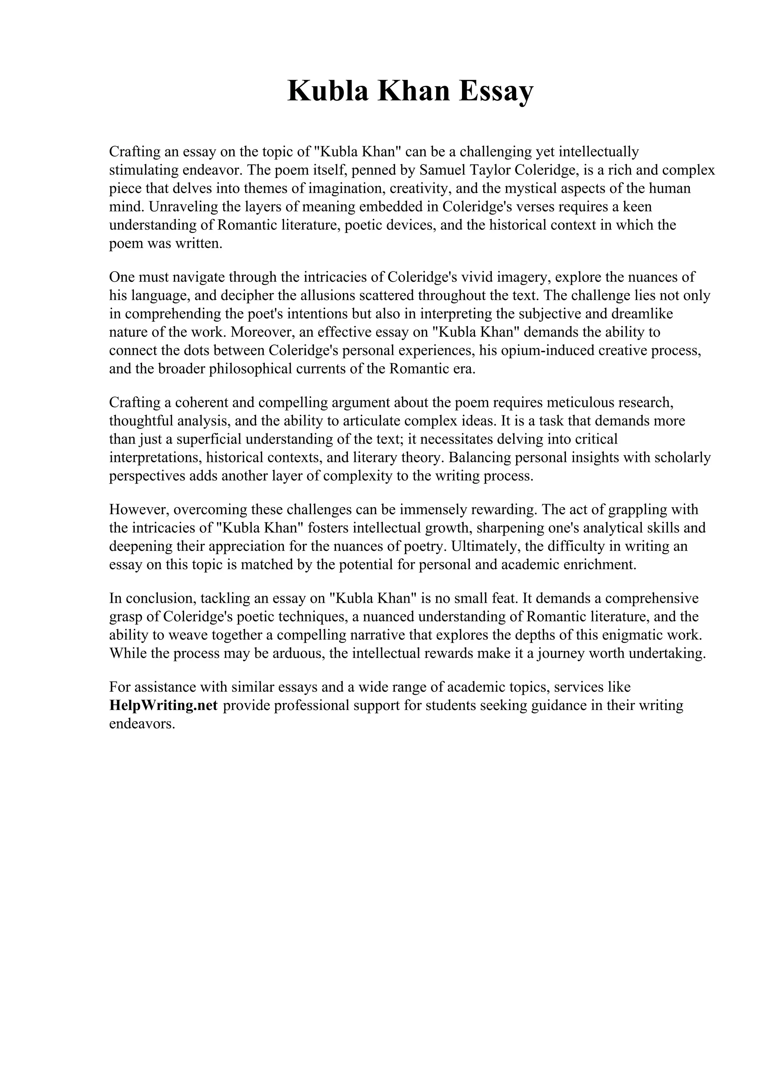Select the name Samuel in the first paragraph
click(441, 170)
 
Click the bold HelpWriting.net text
click(163, 705)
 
